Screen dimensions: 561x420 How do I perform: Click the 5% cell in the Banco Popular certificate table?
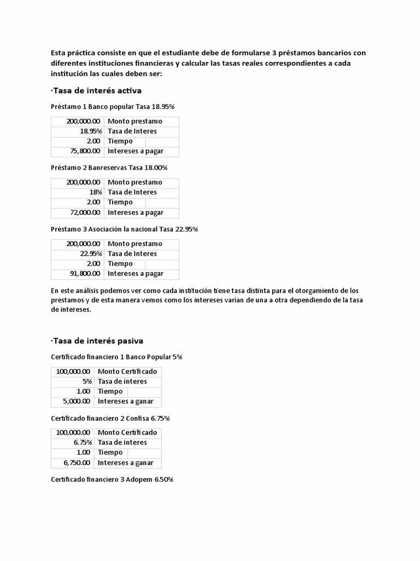(87, 381)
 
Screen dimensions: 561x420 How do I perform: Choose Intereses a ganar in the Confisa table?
(125, 463)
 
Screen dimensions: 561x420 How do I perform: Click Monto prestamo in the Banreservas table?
(135, 182)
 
